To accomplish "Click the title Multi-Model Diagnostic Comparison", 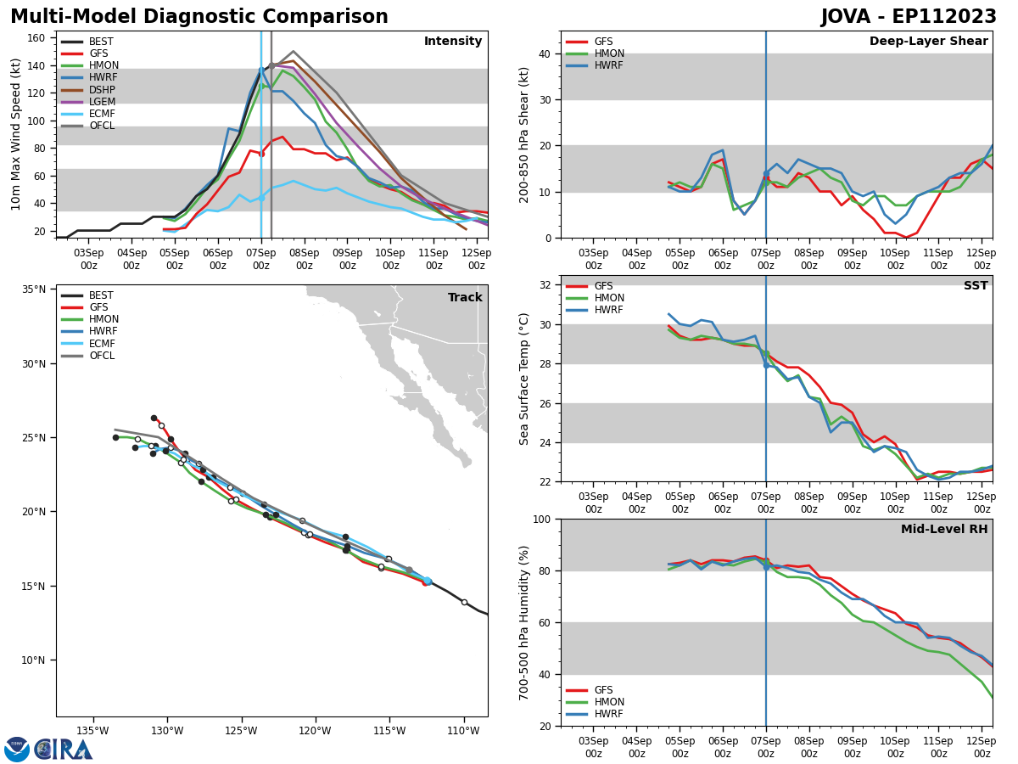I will (x=199, y=17).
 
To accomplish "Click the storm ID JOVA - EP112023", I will (x=909, y=17).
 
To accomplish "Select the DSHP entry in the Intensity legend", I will (x=102, y=90).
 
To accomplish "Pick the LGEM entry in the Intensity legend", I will (x=102, y=102).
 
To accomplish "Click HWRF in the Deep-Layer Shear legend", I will (x=609, y=65).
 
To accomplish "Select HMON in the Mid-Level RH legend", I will (x=609, y=702).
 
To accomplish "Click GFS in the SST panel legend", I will (x=603, y=286).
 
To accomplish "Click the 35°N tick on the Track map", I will (x=33, y=289).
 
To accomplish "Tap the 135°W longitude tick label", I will (x=92, y=731).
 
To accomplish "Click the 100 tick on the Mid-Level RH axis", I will (x=540, y=519).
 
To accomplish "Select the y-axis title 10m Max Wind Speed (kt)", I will (x=15, y=134).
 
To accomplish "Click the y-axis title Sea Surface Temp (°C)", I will (x=524, y=379).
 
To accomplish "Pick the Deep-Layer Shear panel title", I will (x=928, y=42).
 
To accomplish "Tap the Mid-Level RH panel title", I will (x=944, y=530).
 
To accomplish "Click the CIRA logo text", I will (x=64, y=750).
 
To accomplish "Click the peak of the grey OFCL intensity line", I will (x=294, y=51).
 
